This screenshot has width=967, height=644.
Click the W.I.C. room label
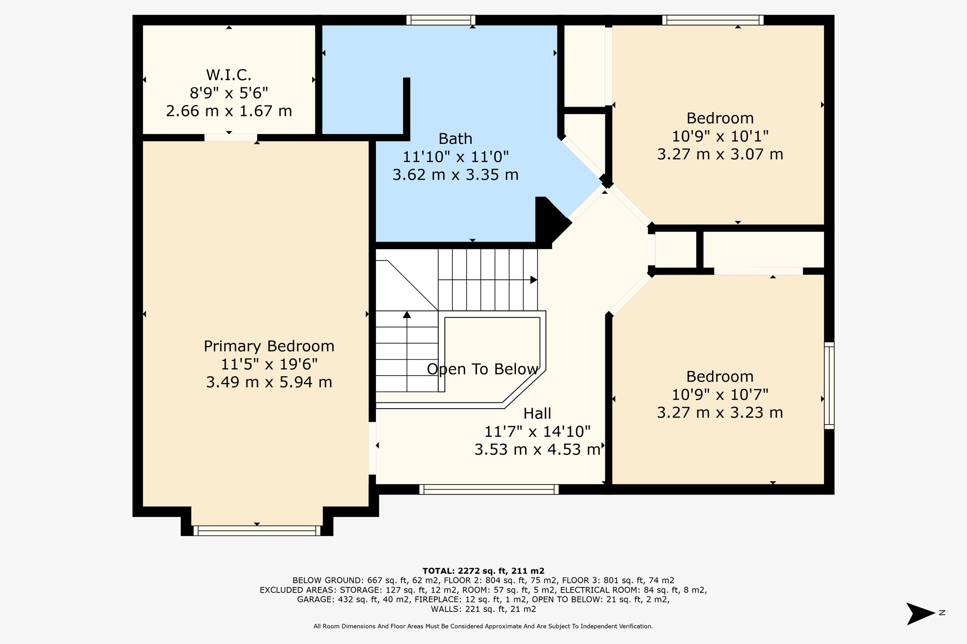click(229, 75)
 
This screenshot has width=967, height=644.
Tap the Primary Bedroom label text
click(269, 346)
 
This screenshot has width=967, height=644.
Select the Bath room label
click(455, 139)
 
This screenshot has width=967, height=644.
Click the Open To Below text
click(483, 369)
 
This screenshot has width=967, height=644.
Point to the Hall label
click(537, 414)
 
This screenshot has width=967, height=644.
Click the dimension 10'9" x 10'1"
click(720, 136)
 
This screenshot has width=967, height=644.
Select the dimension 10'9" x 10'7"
click(720, 394)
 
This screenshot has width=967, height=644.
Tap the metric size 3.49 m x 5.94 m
click(269, 382)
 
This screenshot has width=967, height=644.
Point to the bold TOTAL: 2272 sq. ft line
click(483, 571)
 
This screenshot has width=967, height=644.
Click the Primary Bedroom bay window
click(257, 531)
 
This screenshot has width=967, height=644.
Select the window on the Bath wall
click(441, 20)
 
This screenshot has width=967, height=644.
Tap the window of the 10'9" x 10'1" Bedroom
click(713, 20)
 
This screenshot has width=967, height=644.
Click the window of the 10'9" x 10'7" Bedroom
click(829, 385)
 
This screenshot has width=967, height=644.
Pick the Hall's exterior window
click(489, 489)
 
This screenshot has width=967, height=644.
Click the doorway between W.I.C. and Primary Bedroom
click(230, 137)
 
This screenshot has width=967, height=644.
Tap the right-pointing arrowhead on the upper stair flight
click(534, 280)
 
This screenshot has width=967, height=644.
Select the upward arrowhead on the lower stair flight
click(407, 315)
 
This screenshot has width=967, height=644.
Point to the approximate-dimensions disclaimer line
click(483, 627)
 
